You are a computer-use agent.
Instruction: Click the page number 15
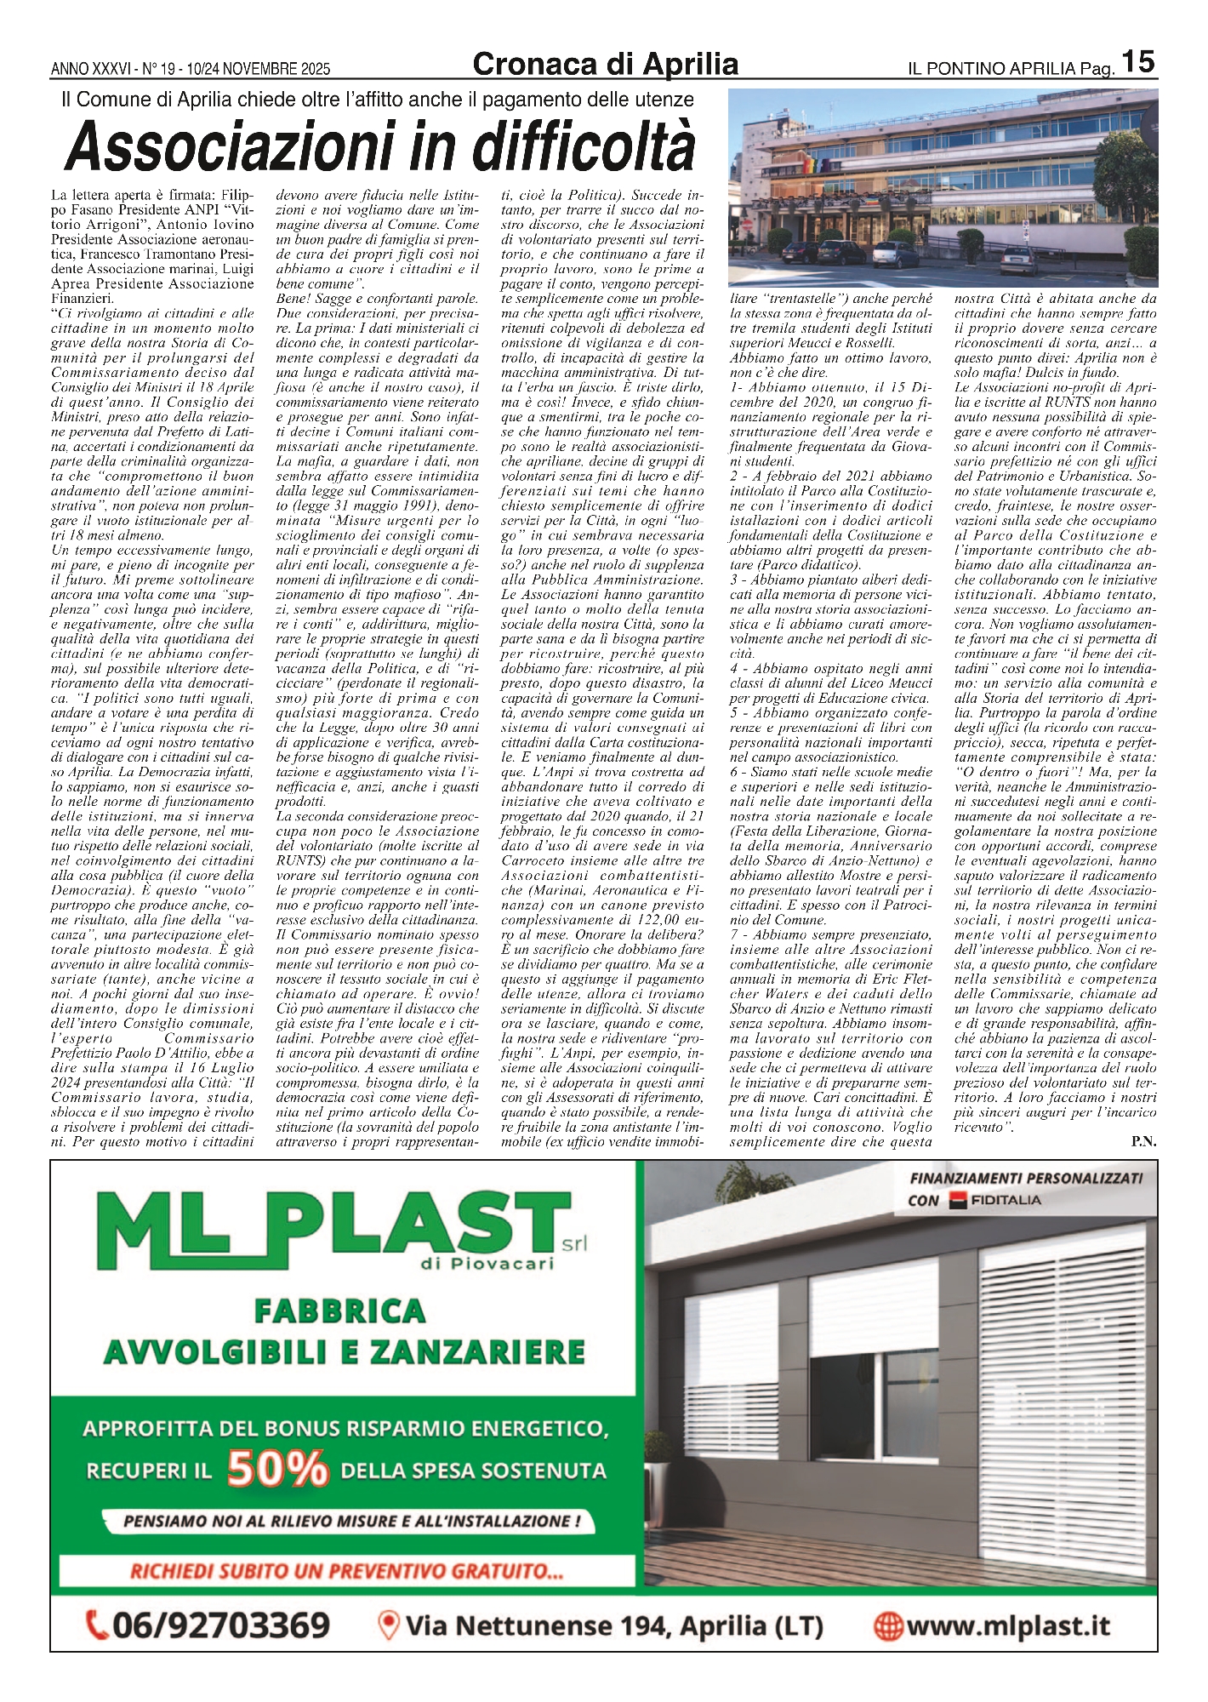1137,61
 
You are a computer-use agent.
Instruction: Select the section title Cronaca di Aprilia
605,64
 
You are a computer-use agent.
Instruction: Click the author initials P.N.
1143,1142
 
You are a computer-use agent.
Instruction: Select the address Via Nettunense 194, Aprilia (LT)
614,1626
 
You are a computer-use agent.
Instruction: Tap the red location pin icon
389,1625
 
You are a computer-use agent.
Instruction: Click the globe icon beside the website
887,1626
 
